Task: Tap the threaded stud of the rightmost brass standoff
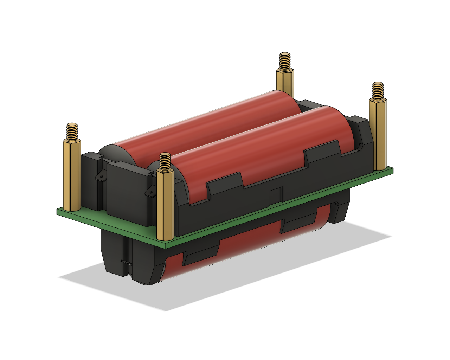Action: [378, 90]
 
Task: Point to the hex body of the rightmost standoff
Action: [378, 134]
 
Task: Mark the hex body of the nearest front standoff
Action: [165, 206]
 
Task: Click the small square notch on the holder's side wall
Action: [275, 195]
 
